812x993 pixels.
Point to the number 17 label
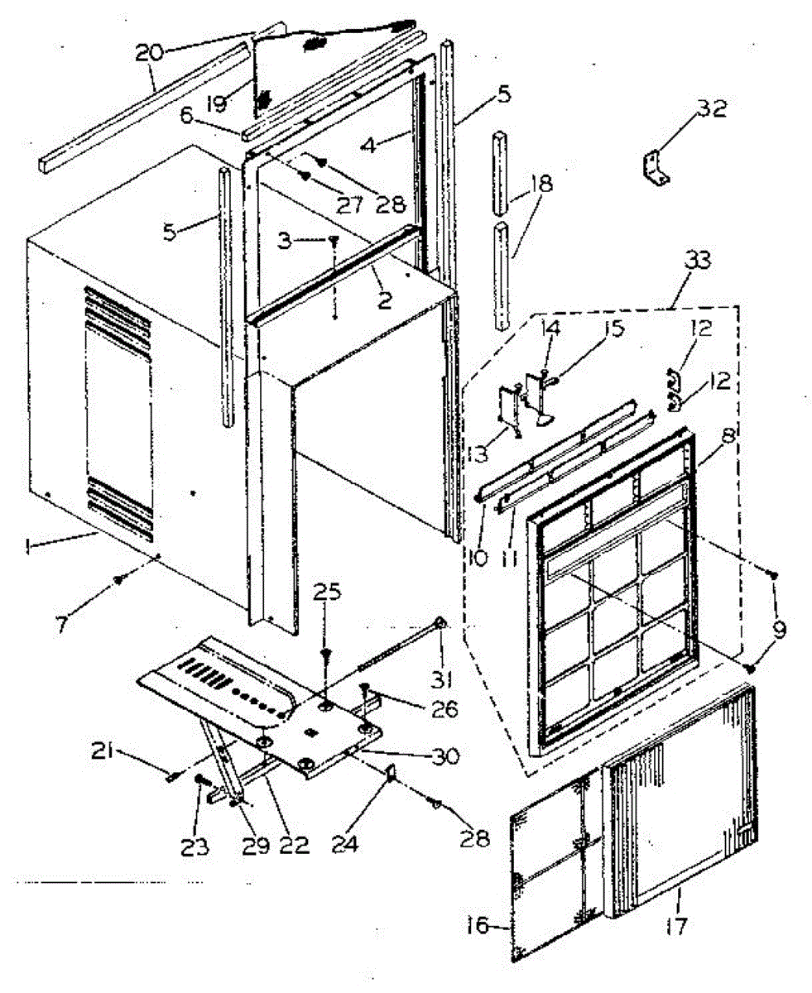pyautogui.click(x=676, y=925)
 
